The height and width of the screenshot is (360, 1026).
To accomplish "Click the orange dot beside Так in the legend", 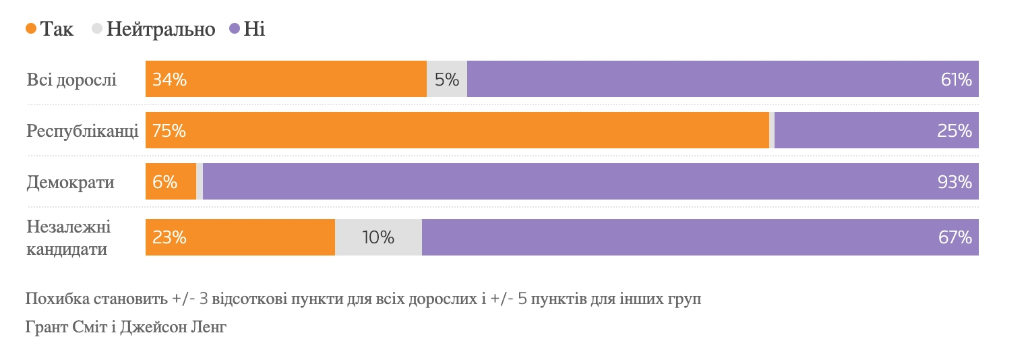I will click(x=31, y=29).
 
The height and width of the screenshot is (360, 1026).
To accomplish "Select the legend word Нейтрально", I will click(x=160, y=29).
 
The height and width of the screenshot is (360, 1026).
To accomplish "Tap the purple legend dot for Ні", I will click(x=235, y=29).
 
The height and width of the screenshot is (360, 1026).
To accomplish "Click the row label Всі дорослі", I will click(x=71, y=80).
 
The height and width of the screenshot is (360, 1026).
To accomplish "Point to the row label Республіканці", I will click(x=82, y=131).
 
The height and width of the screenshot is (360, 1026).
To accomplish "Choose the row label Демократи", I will click(x=70, y=182).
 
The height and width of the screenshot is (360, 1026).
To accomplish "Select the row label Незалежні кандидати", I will click(x=67, y=237).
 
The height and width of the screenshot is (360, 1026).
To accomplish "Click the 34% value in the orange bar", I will click(x=169, y=80).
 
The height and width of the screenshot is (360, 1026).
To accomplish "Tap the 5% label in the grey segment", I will click(x=447, y=80).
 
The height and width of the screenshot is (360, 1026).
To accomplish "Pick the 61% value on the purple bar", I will click(x=956, y=80).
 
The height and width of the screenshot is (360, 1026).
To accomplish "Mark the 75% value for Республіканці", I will click(x=169, y=131).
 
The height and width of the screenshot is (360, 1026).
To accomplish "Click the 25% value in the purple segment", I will click(x=955, y=131).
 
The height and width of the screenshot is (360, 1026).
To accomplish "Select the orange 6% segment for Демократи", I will click(x=171, y=182).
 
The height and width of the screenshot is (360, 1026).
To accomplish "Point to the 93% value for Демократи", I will click(x=955, y=182).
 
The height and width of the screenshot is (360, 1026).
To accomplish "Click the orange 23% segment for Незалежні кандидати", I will click(x=240, y=237).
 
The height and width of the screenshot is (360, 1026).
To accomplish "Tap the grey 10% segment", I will click(x=378, y=237).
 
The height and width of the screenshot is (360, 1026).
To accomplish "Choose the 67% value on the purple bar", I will click(x=955, y=237).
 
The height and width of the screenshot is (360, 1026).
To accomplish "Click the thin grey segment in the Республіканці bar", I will click(x=772, y=131).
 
